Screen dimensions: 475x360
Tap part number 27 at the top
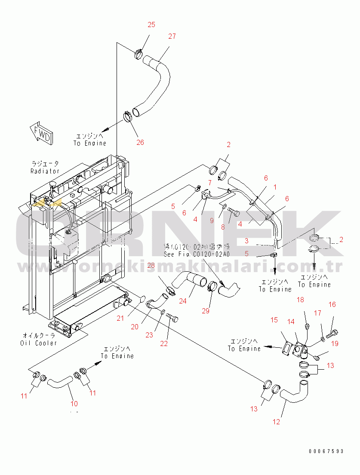(172, 37)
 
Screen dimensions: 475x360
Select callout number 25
(151, 25)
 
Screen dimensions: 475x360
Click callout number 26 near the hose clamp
(140, 143)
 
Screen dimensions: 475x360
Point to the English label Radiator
(45, 171)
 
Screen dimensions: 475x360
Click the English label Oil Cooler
(38, 343)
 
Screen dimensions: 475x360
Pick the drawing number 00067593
(326, 451)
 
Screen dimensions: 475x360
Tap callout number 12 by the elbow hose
(276, 422)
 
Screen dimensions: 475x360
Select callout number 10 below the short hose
(74, 403)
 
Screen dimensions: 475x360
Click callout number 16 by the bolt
(332, 305)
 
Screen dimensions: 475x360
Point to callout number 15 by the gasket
(274, 320)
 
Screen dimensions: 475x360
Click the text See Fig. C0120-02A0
(197, 254)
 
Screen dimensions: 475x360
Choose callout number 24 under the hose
(183, 301)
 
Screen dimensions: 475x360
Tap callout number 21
(120, 318)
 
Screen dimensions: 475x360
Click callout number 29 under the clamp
(206, 311)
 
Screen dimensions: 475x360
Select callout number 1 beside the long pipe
(275, 187)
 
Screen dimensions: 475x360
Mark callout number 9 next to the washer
(212, 221)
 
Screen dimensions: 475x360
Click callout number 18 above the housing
(300, 300)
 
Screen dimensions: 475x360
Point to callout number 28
(151, 265)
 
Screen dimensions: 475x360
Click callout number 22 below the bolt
(164, 343)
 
